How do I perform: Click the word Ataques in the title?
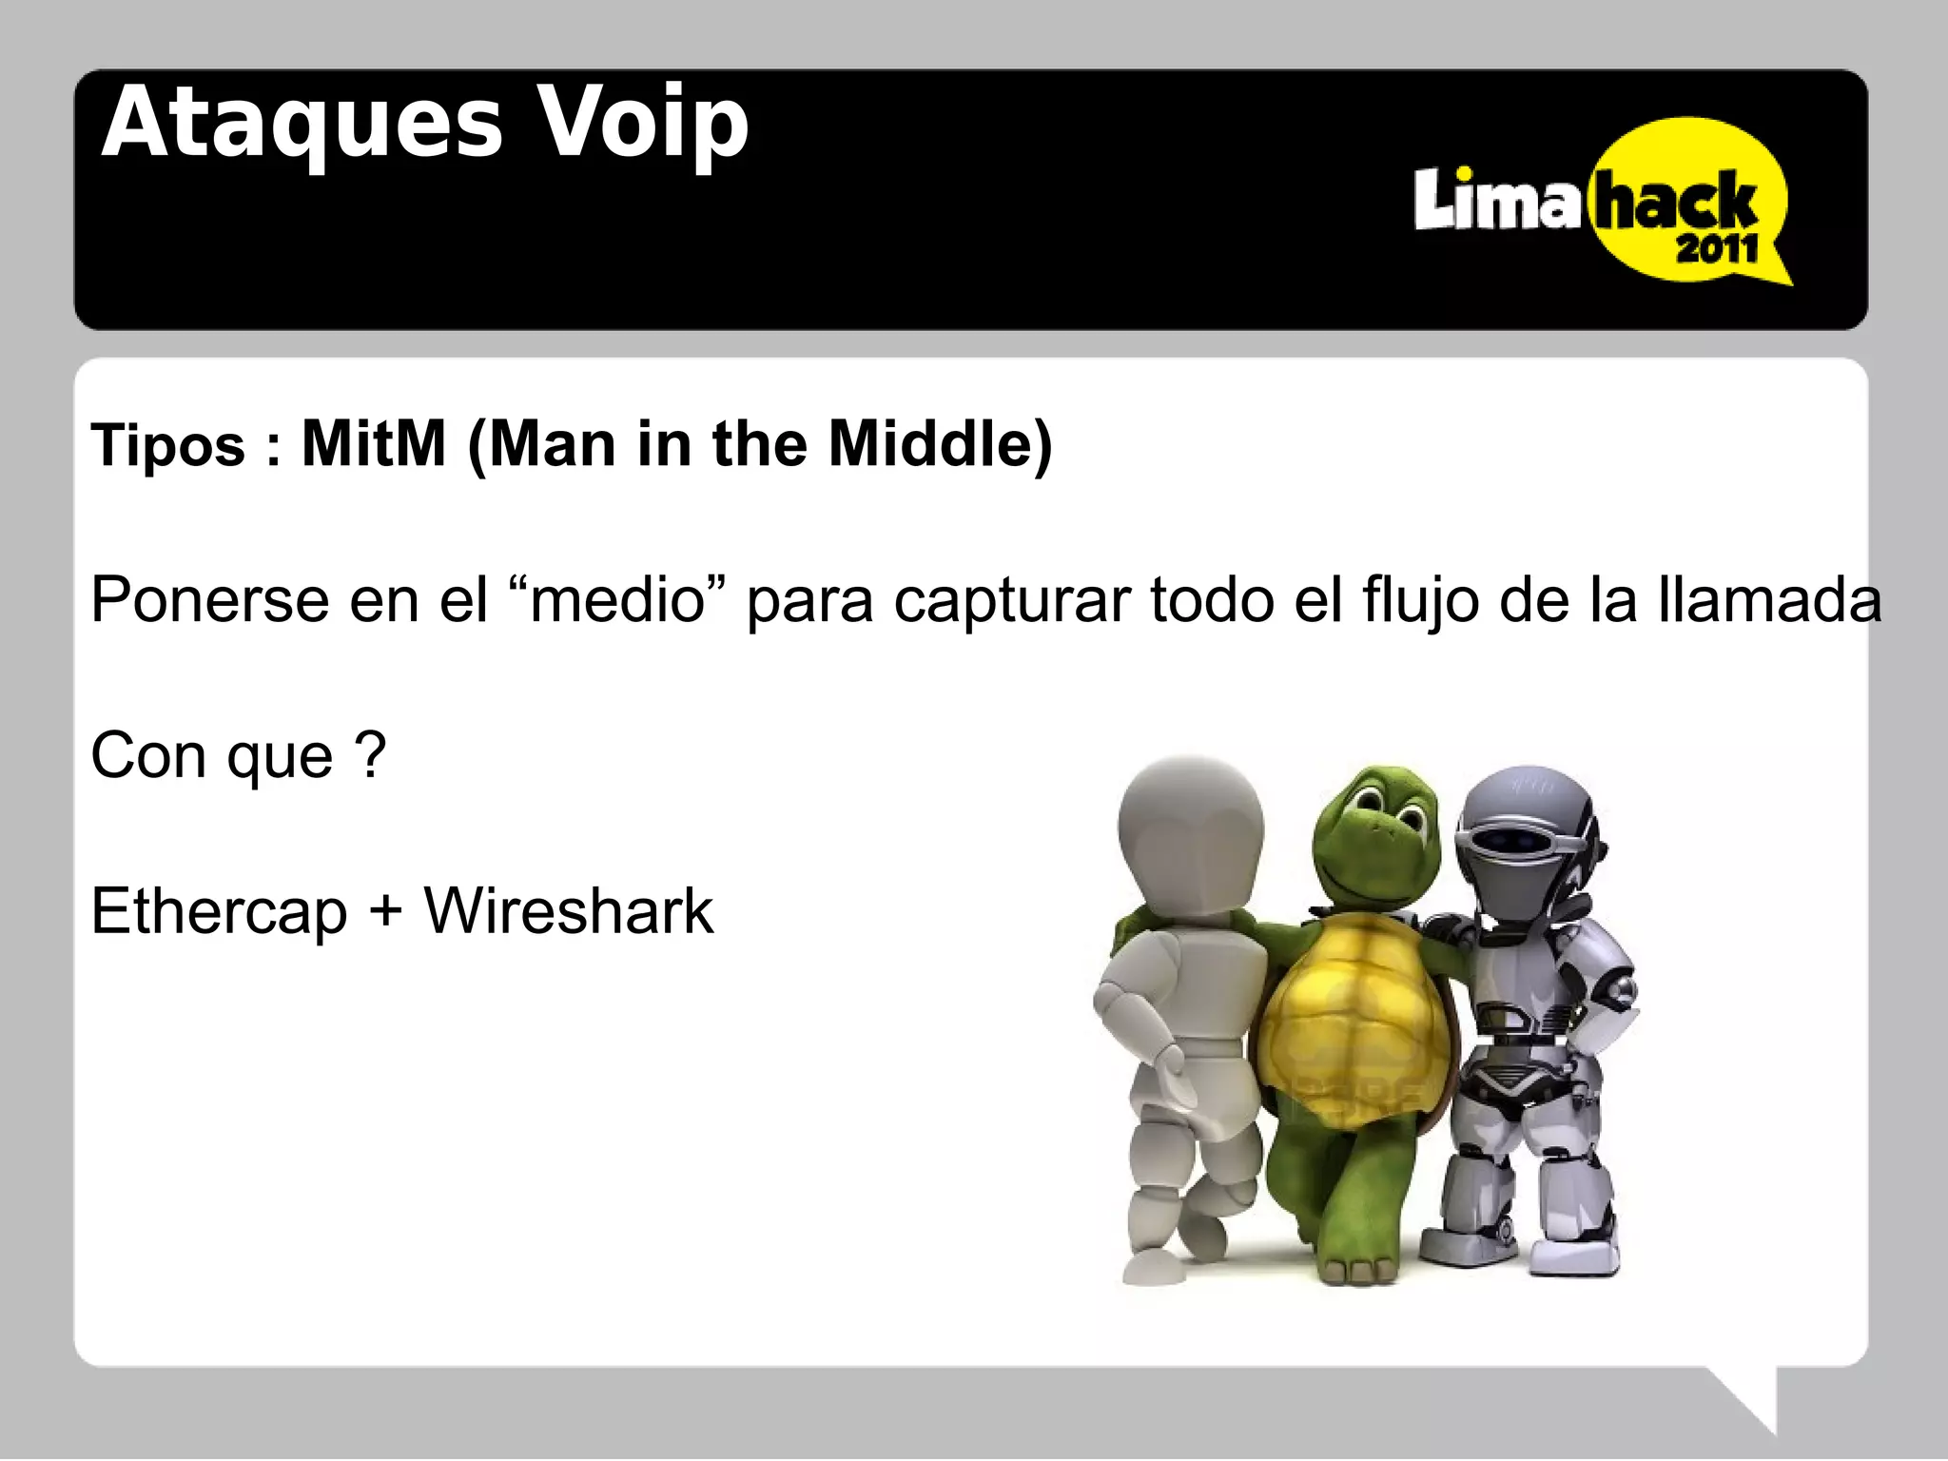302,125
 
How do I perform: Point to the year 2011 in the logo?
1717,250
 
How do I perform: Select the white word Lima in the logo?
1496,201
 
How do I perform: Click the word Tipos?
168,445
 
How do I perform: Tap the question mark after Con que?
370,755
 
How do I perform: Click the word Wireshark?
568,911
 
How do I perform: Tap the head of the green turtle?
1374,837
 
